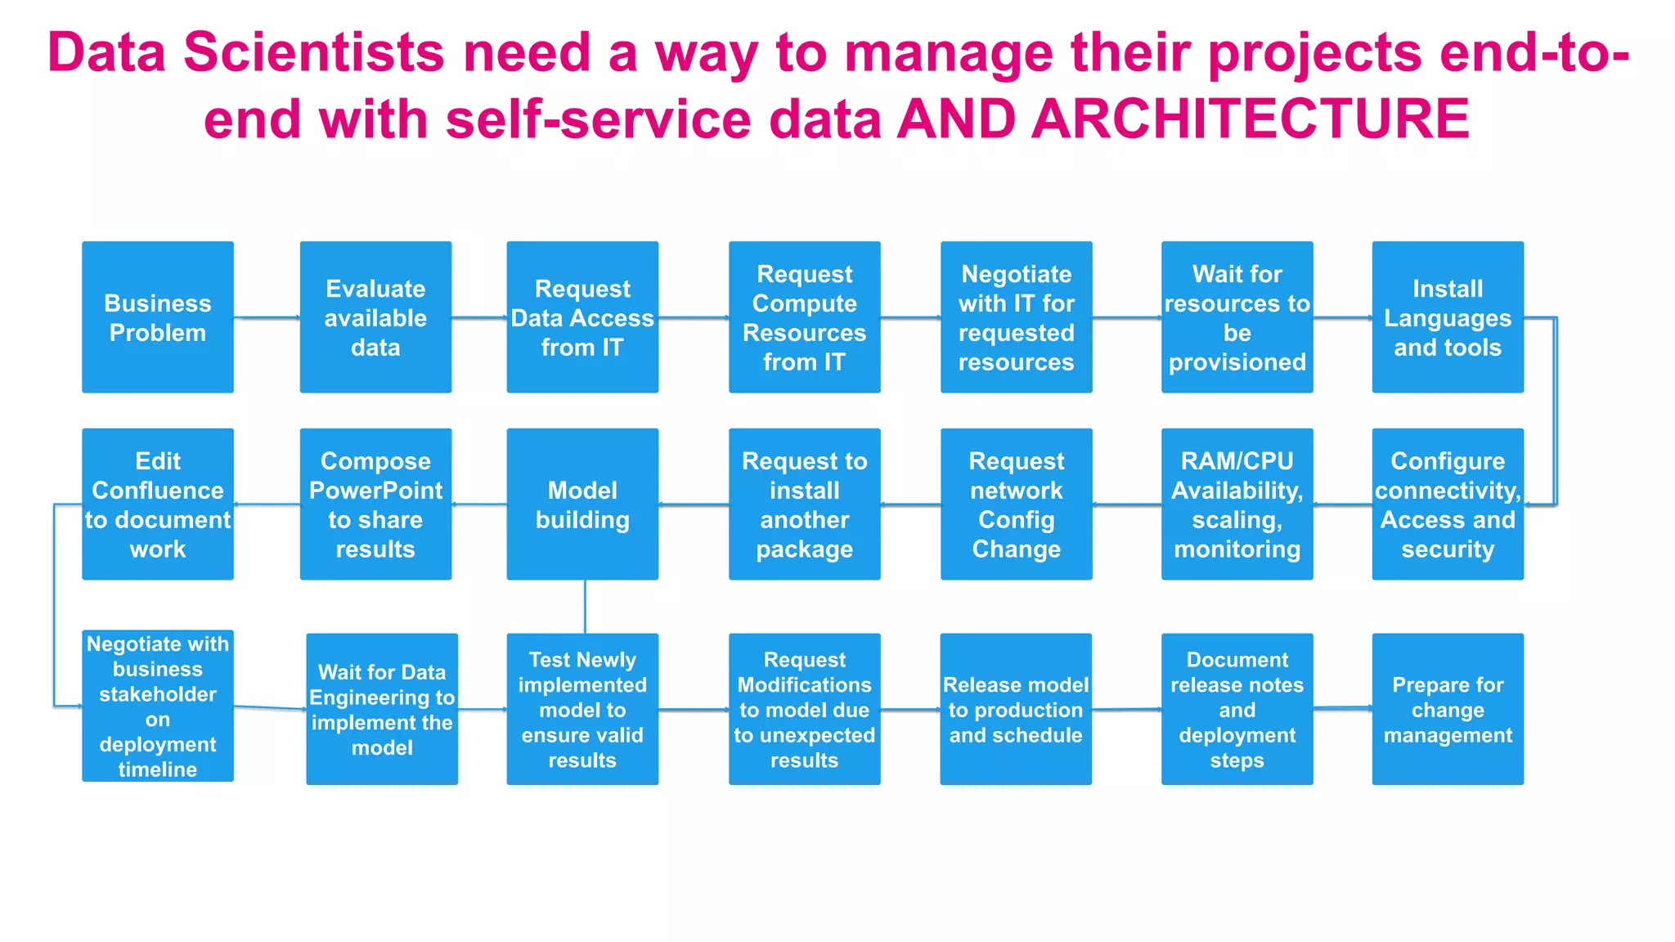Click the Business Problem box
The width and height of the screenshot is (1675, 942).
point(158,317)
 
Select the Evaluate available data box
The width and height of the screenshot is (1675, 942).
point(375,317)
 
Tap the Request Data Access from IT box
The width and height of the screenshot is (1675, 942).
point(582,317)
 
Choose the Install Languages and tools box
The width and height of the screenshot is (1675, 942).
point(1448,317)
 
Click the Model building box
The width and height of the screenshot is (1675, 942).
point(582,505)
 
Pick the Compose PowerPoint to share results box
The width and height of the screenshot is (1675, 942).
point(375,505)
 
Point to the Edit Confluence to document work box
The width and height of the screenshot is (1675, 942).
point(158,505)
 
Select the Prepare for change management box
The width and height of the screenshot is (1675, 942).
point(1448,709)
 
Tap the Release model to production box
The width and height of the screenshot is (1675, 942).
point(1016,709)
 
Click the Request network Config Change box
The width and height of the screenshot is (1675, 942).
point(1016,505)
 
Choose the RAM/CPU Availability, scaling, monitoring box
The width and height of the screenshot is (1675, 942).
point(1237,505)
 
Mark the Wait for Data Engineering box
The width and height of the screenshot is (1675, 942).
point(382,709)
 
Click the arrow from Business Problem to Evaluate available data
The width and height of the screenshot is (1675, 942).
point(267,317)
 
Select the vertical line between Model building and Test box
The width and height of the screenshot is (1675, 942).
point(585,607)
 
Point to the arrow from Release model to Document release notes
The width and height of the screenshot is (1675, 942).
point(1126,710)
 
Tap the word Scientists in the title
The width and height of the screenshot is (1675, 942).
point(314,52)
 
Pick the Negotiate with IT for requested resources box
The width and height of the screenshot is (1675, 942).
point(1016,317)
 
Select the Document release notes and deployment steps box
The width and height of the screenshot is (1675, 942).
point(1237,709)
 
